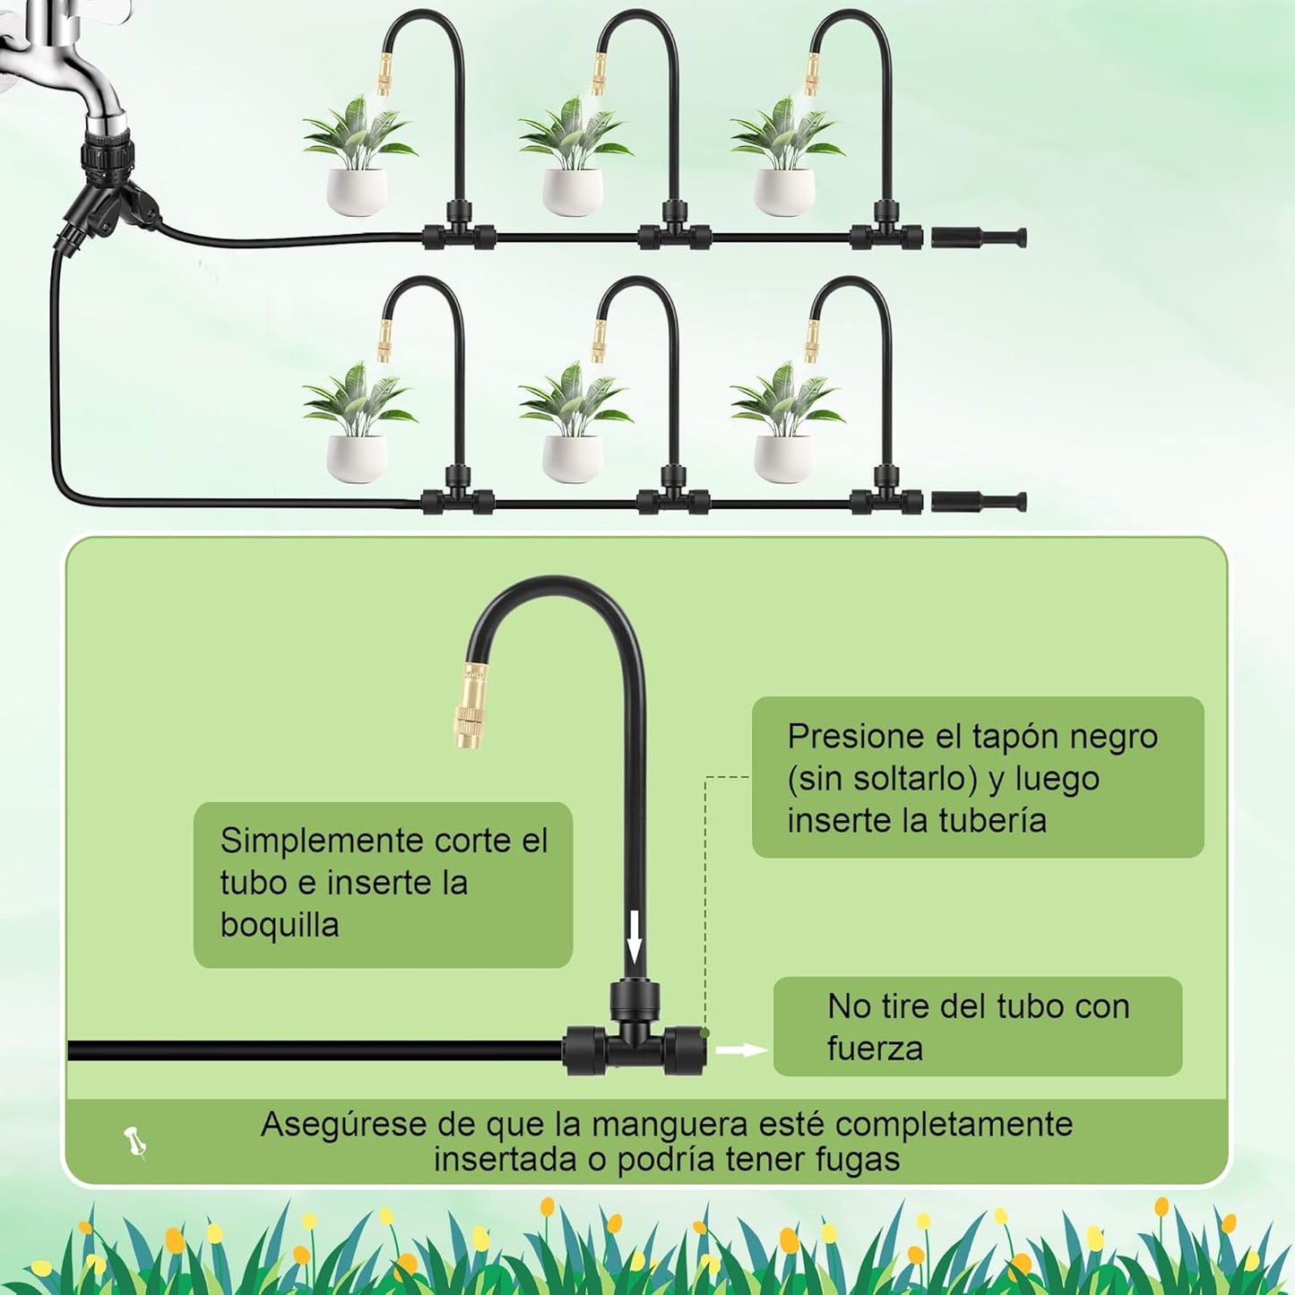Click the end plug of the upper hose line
979,238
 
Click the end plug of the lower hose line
979,501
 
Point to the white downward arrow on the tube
635,937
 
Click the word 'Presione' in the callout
857,737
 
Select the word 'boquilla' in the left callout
280,925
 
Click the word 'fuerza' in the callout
875,1048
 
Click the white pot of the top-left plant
357,191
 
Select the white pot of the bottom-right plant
783,458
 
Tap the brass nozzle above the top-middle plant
598,73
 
